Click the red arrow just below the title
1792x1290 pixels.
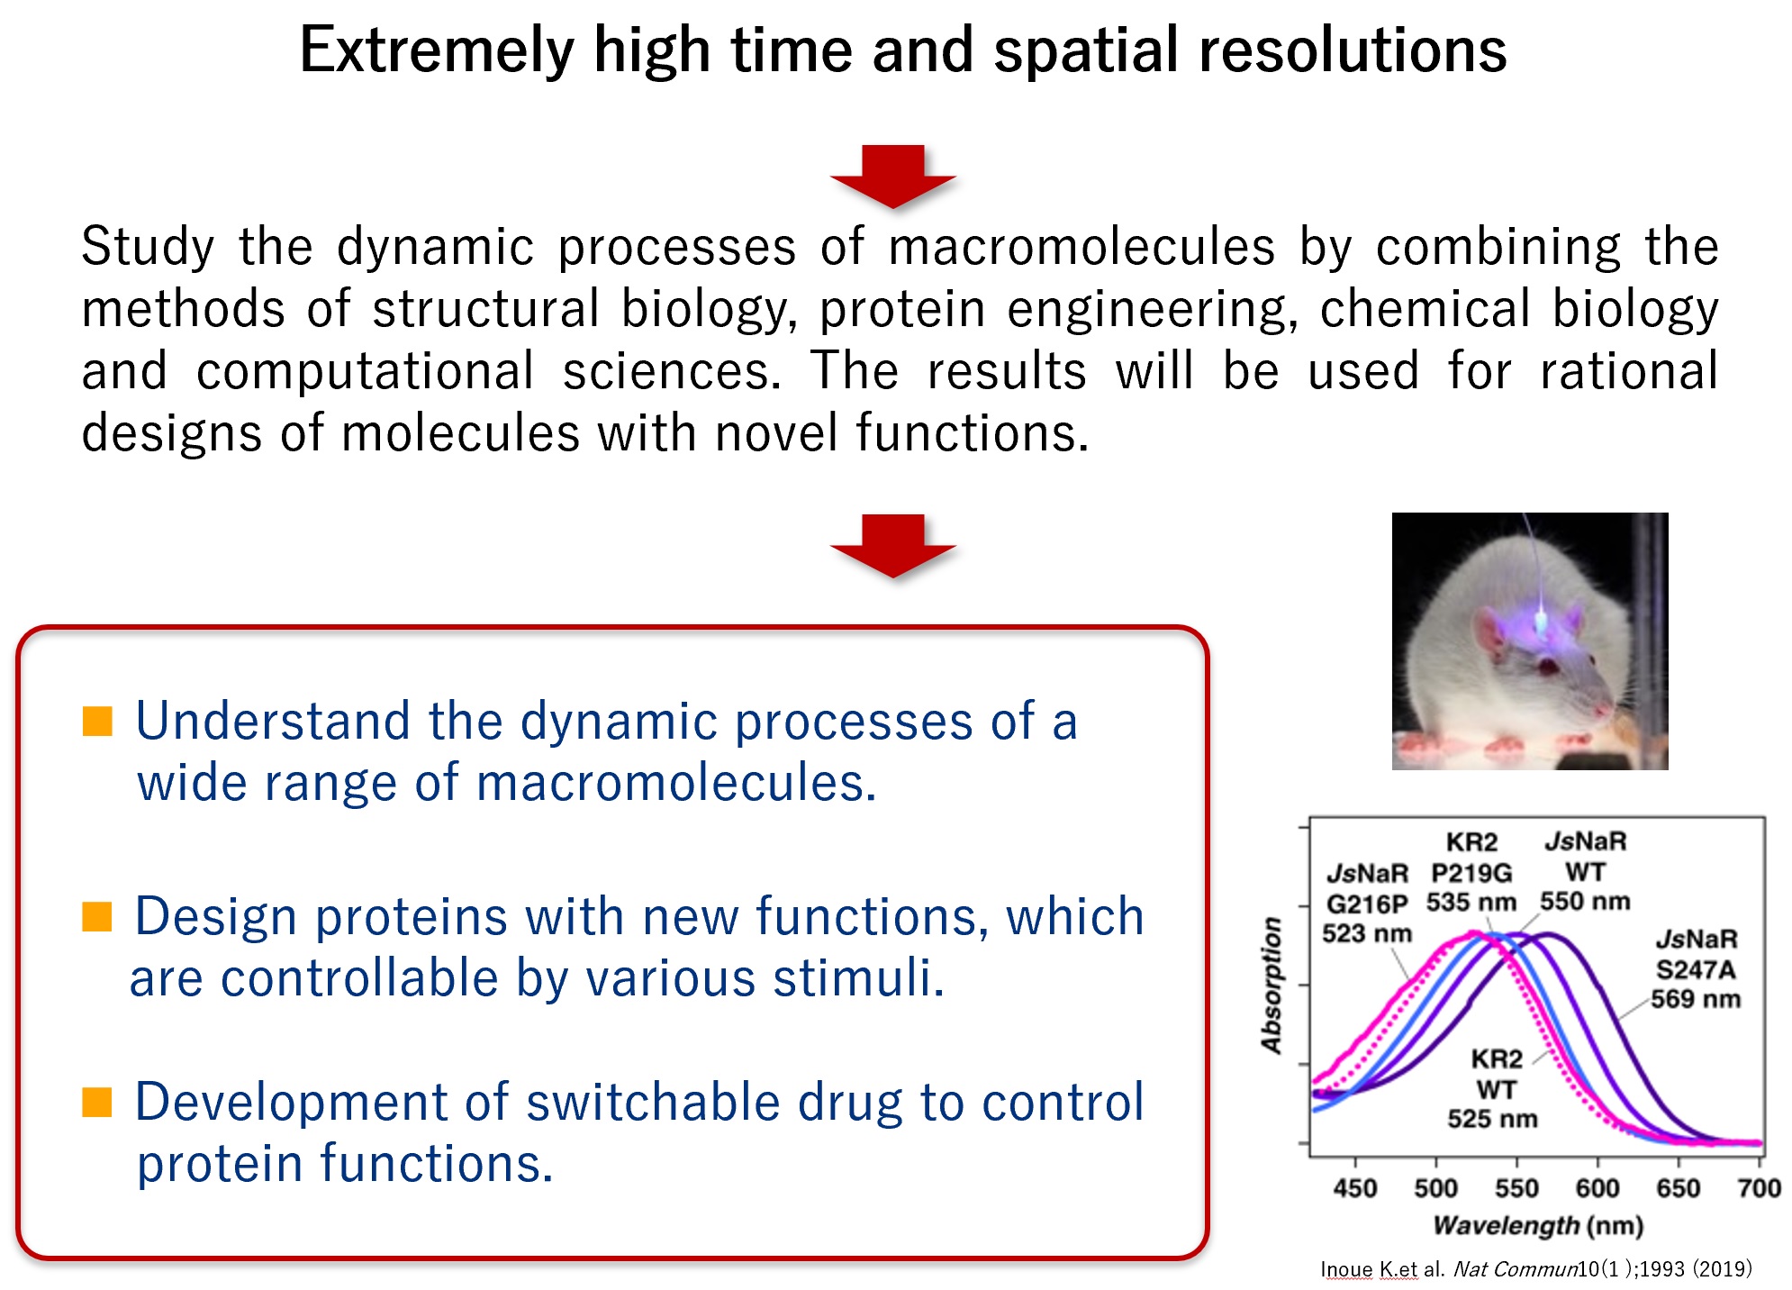click(x=892, y=177)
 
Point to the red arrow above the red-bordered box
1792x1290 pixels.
click(x=892, y=546)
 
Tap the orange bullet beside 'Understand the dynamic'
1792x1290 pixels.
click(x=97, y=721)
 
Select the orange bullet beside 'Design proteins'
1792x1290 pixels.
click(x=97, y=916)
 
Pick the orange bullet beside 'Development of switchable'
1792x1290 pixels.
click(x=97, y=1102)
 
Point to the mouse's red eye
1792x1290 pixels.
click(x=1547, y=668)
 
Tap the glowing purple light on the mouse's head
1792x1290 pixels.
click(x=1540, y=621)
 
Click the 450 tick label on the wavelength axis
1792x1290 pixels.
click(x=1355, y=1188)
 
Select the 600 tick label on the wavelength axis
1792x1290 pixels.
click(x=1597, y=1188)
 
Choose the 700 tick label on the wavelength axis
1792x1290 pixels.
click(x=1760, y=1188)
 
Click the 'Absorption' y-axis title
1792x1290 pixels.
click(x=1272, y=986)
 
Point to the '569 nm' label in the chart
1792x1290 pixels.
click(x=1696, y=999)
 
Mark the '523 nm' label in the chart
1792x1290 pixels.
click(x=1367, y=933)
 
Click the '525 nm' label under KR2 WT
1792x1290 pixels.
click(x=1493, y=1119)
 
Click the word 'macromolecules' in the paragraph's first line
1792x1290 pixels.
click(x=1082, y=247)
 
